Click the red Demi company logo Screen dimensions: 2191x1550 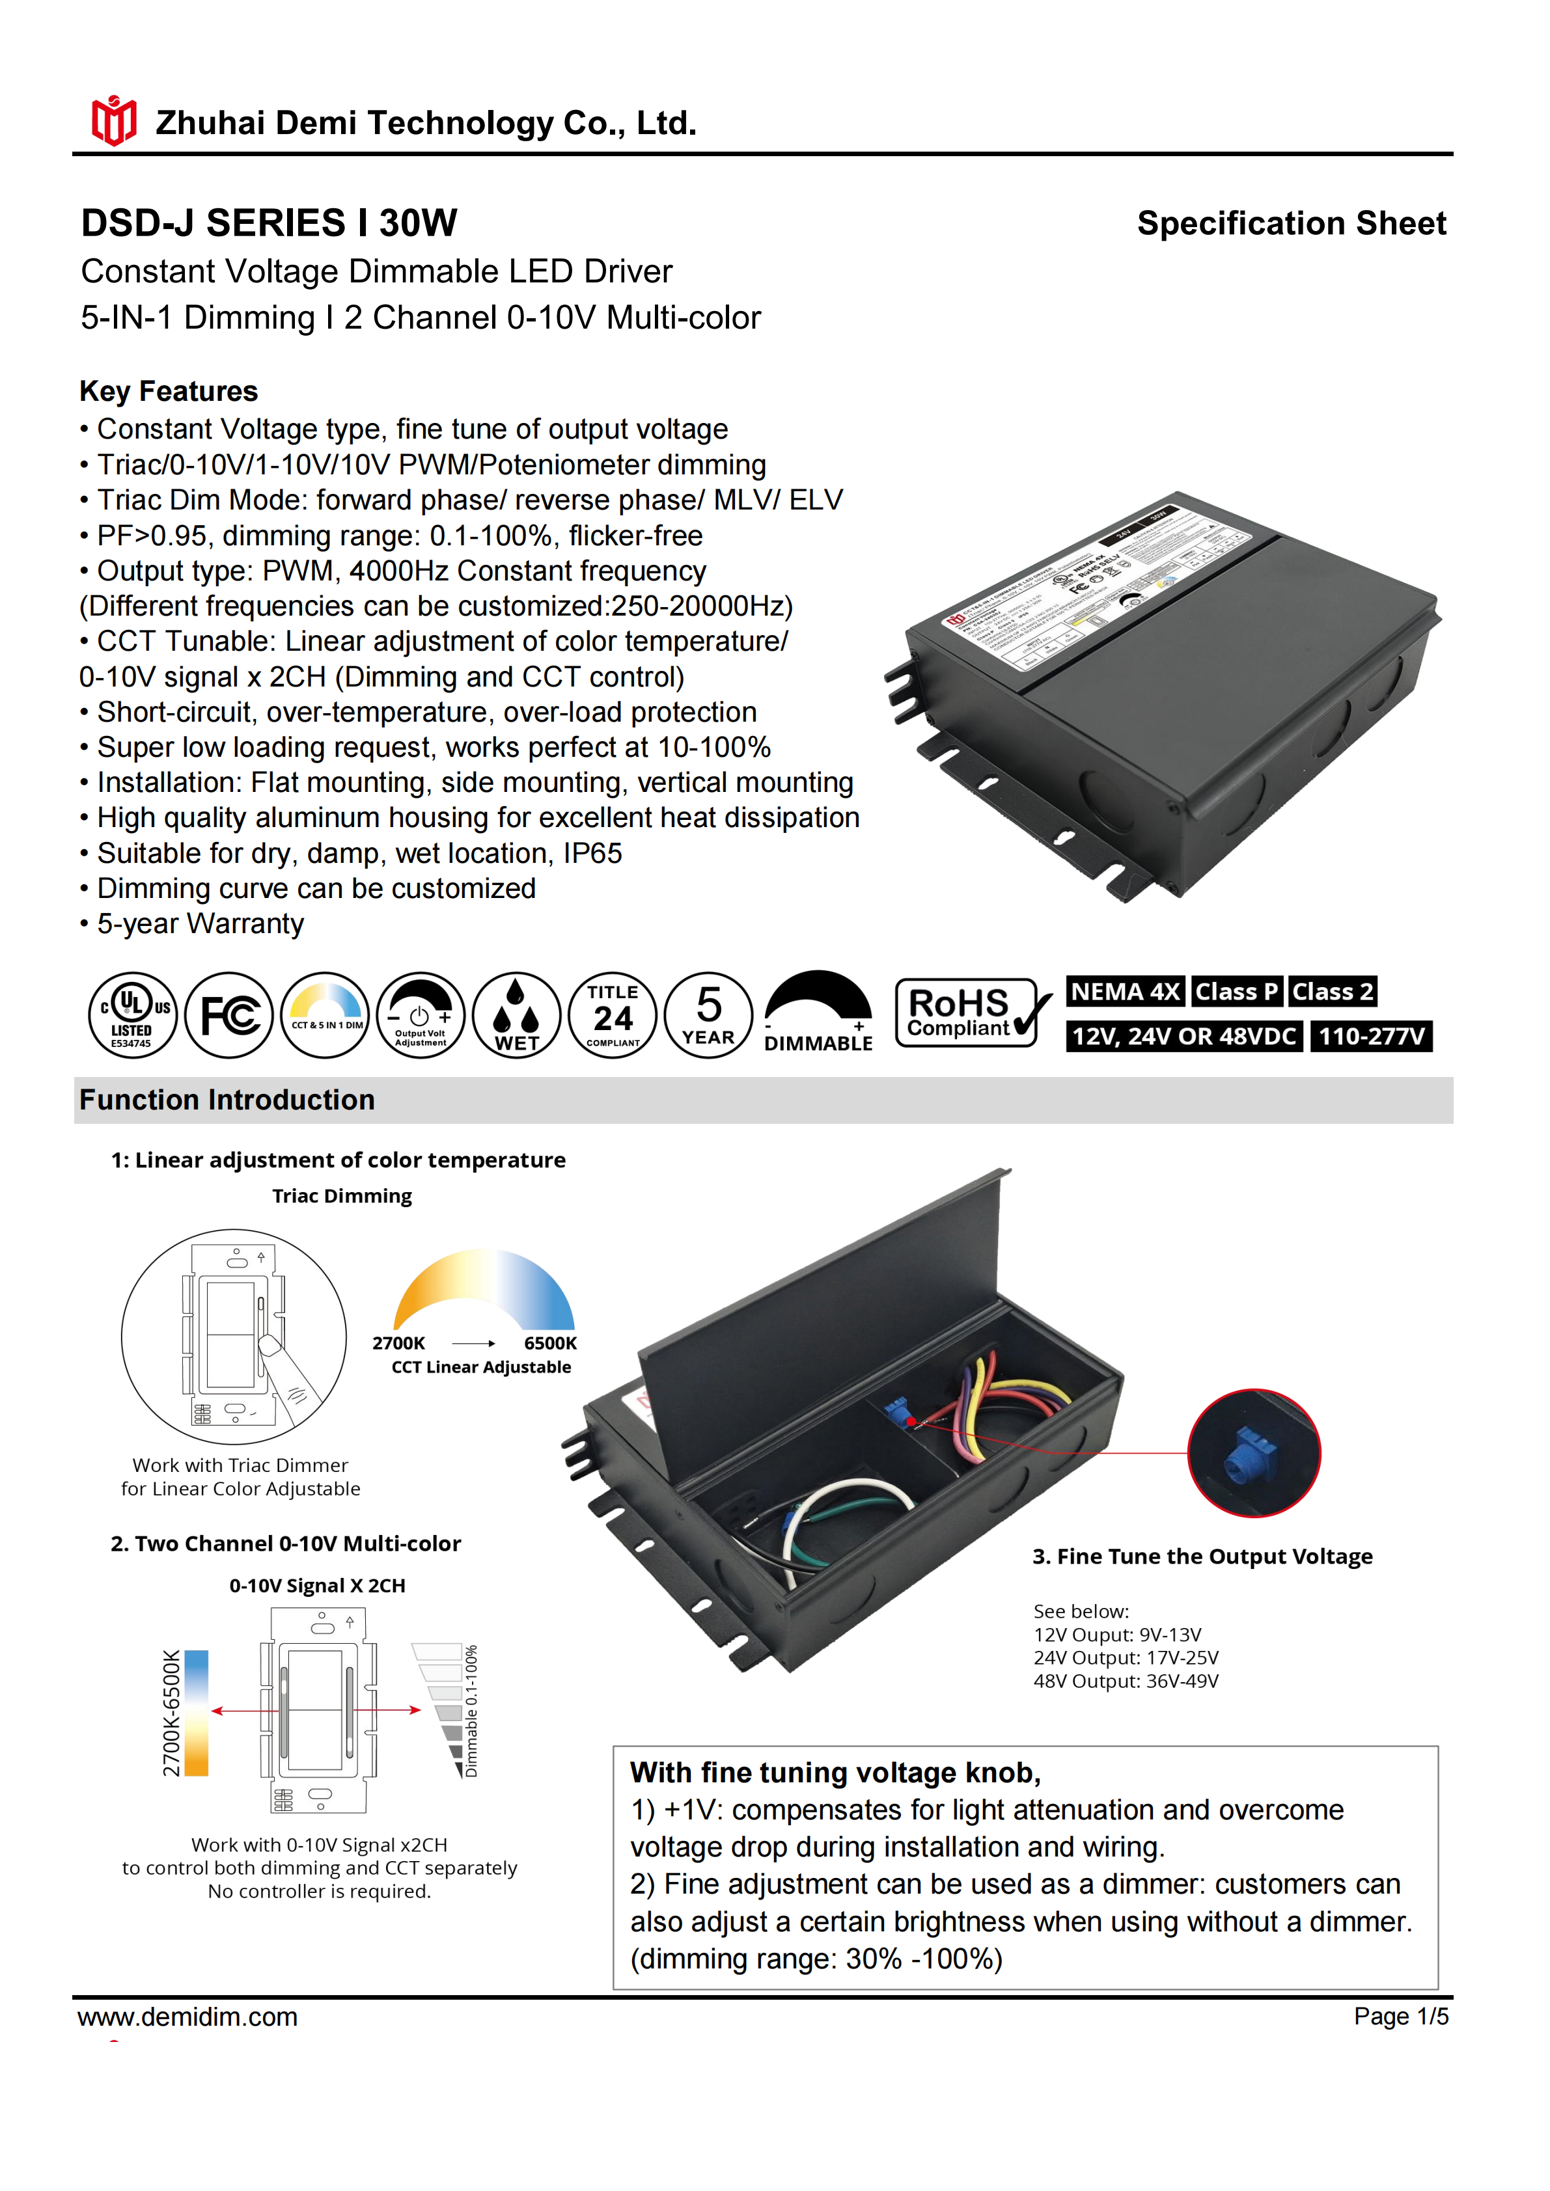[113, 121]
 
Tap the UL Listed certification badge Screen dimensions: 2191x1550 [133, 1014]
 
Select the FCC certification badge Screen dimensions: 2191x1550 [229, 1014]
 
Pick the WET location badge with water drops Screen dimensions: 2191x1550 [516, 1014]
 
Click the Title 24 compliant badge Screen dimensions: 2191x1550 [613, 1014]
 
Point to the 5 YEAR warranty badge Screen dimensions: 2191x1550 [708, 1014]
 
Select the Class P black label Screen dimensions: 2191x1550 [1236, 992]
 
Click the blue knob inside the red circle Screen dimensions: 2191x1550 [1253, 1453]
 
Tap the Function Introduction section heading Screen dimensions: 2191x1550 [227, 1100]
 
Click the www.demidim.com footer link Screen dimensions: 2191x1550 [188, 2017]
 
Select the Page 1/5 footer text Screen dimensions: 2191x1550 [1400, 2017]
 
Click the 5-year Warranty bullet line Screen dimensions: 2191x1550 [201, 924]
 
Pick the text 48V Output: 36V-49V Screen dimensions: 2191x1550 [1126, 1681]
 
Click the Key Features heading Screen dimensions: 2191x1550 [169, 391]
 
